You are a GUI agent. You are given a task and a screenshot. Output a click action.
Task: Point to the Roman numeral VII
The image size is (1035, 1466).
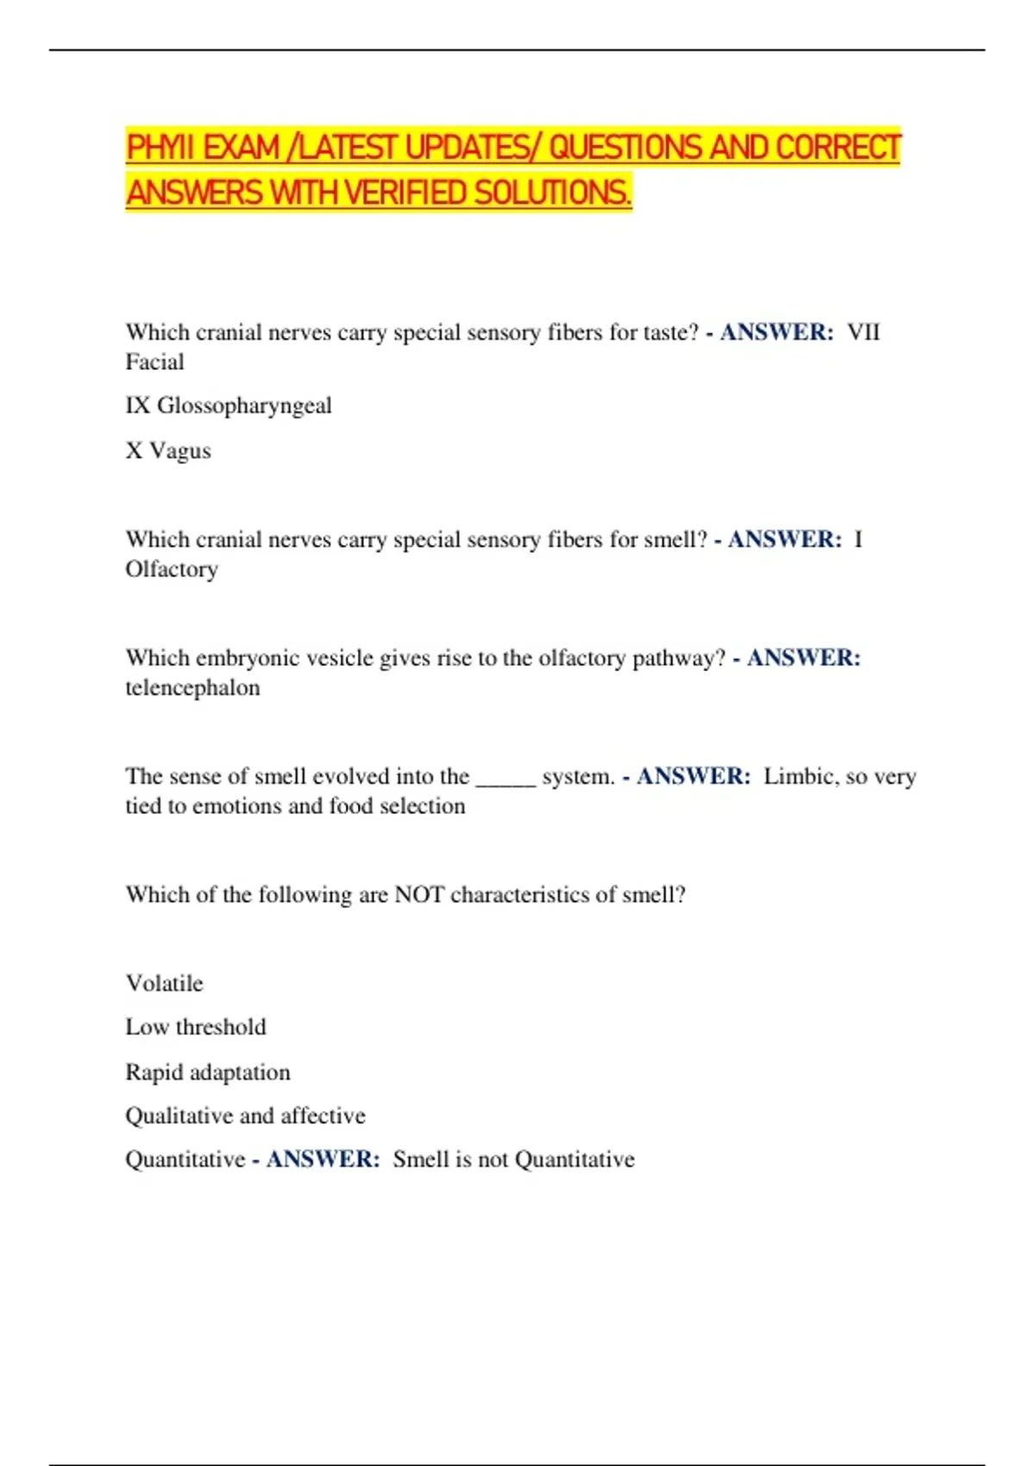(x=863, y=333)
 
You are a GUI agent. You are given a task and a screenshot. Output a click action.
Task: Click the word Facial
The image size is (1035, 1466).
(x=155, y=362)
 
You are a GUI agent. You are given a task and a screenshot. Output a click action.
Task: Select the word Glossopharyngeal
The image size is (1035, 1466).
(x=244, y=405)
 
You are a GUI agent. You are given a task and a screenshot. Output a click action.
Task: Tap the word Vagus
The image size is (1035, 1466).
(x=180, y=451)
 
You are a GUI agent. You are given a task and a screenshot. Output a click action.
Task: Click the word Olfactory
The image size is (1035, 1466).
(x=172, y=569)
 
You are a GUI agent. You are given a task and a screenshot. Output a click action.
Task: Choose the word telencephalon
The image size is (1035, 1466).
(x=192, y=688)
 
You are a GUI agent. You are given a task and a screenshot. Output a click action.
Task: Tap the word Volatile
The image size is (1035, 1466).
(x=165, y=984)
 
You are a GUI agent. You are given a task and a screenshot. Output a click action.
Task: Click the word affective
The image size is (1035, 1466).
(x=323, y=1116)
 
